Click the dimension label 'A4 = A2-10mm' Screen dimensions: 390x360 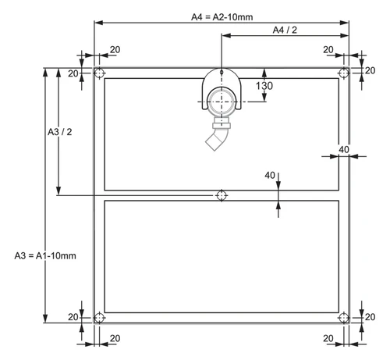click(x=222, y=17)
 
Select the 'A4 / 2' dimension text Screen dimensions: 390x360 click(x=285, y=30)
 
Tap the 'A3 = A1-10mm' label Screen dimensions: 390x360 click(x=45, y=256)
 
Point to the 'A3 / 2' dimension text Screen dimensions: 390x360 click(x=60, y=132)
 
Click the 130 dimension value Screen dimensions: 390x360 click(x=264, y=86)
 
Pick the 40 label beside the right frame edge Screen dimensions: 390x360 click(x=344, y=150)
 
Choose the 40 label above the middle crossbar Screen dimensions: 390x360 click(x=270, y=176)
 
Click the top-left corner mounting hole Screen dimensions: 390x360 click(x=99, y=73)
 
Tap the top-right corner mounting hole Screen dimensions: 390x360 click(x=344, y=73)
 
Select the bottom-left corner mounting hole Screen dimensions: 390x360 click(x=99, y=318)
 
